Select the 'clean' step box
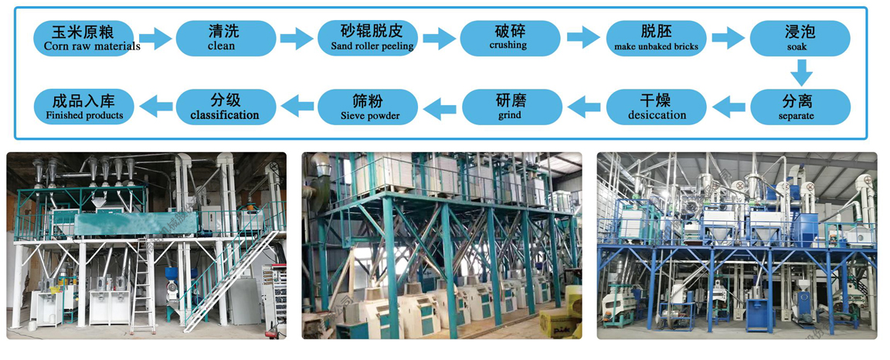coord(226,38)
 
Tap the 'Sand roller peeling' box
coord(367,38)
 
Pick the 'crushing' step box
coord(509,38)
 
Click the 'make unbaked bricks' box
coord(656,38)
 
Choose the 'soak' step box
coord(800,38)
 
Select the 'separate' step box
coord(800,107)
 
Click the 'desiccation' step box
coord(656,107)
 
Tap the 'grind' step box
coord(509,107)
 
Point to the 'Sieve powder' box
coord(369,107)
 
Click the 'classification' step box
coord(226,107)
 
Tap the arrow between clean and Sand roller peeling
coord(297,38)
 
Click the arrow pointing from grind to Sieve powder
coord(439,107)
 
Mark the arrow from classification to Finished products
coord(155,107)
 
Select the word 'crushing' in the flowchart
coord(508,46)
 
